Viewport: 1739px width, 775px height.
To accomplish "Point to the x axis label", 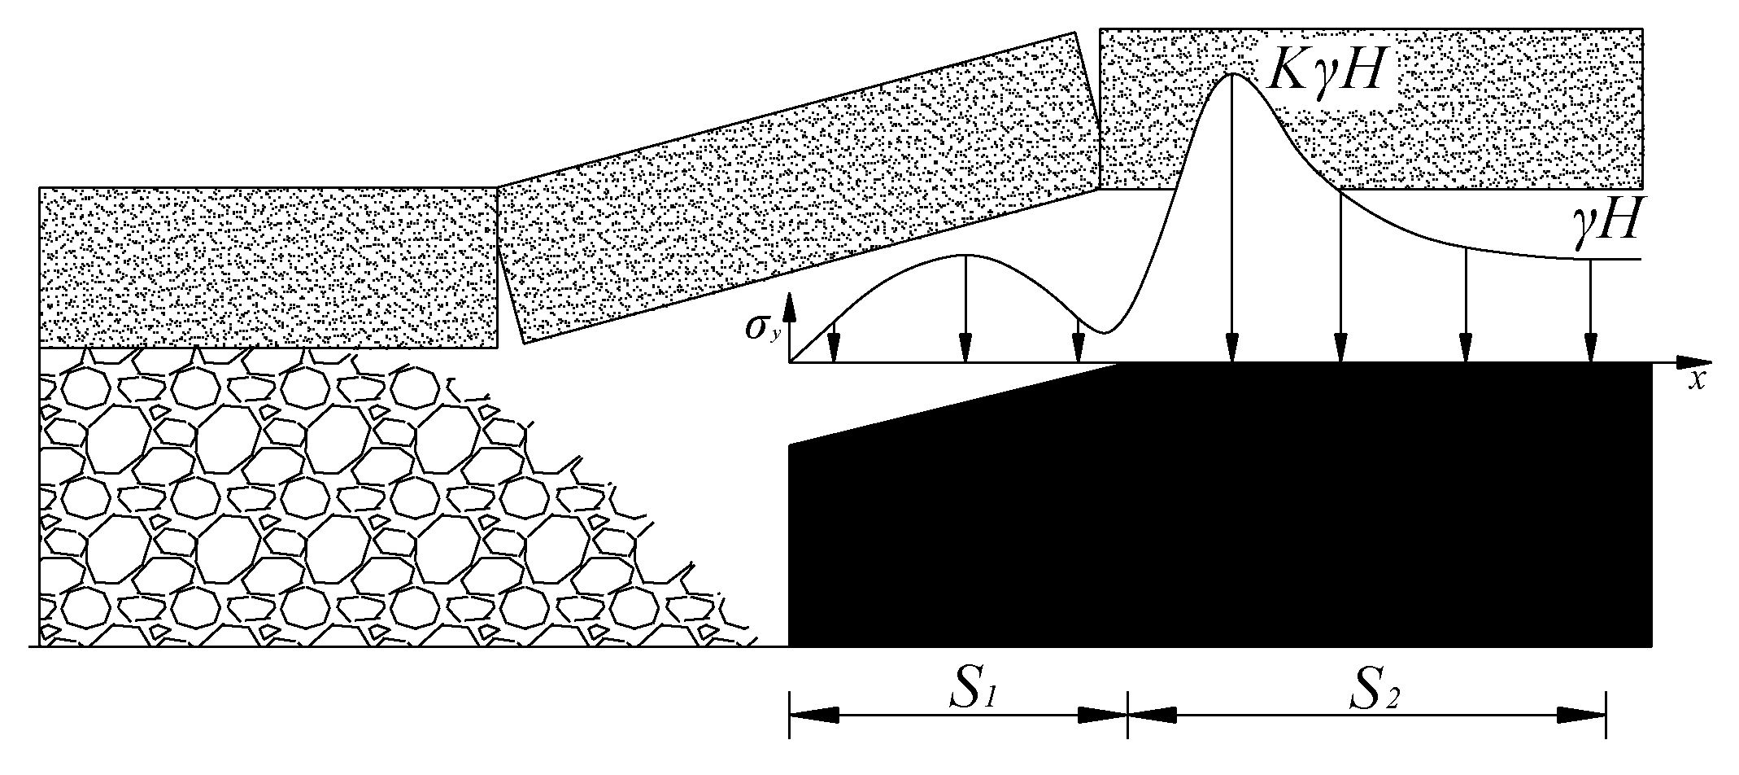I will click(x=1695, y=381).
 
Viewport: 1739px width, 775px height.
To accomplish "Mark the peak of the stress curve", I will click(x=1233, y=74).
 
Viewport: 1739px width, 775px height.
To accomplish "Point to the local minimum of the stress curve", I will click(x=1104, y=332).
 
